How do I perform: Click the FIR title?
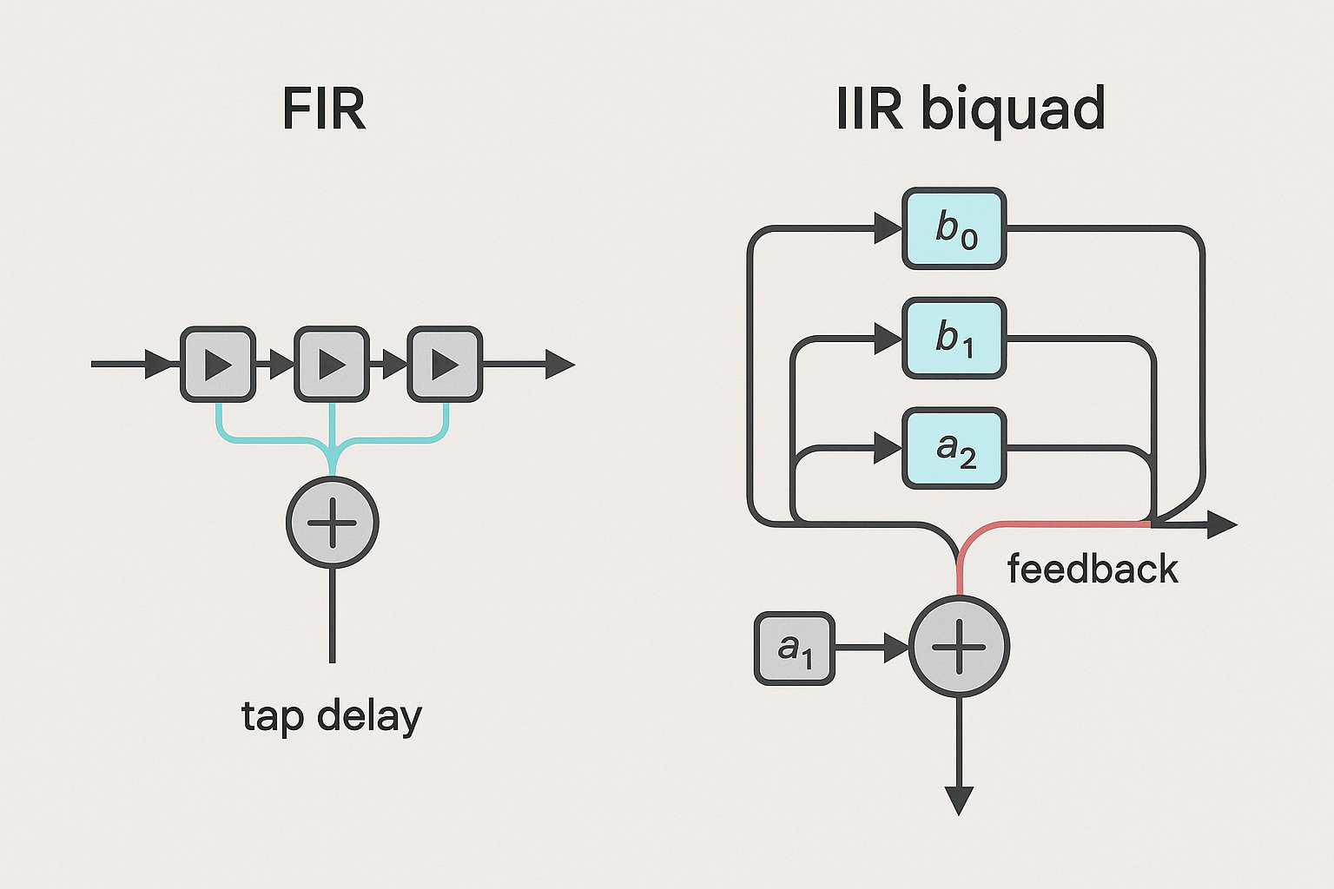click(324, 109)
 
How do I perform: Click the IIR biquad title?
click(970, 109)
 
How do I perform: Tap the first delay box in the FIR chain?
click(218, 365)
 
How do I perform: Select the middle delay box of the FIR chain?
click(332, 365)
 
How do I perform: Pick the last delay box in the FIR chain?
click(446, 365)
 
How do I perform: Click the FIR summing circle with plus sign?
click(333, 523)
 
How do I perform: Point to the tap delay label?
click(332, 717)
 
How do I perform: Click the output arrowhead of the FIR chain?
click(559, 365)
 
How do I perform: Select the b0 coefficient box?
click(954, 228)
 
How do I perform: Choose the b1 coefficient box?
click(954, 338)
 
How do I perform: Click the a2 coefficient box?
click(954, 448)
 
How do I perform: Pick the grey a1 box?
click(794, 648)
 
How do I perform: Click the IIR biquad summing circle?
click(959, 648)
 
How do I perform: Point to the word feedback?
click(1093, 570)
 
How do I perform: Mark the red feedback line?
click(1060, 524)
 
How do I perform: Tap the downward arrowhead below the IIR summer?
click(959, 800)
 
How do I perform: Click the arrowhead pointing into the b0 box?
click(888, 229)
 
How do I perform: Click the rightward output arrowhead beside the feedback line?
click(1221, 524)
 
